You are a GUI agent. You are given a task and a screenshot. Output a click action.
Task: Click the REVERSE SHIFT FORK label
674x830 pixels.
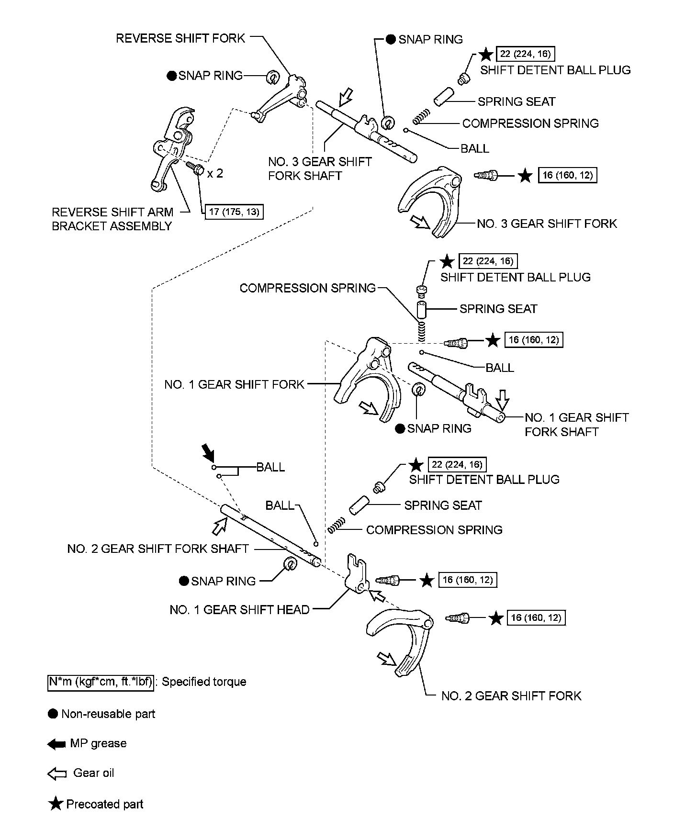pyautogui.click(x=180, y=38)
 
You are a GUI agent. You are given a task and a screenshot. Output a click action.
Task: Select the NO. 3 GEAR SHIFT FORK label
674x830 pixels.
pyautogui.click(x=547, y=224)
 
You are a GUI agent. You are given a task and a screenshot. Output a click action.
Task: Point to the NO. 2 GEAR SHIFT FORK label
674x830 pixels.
pyautogui.click(x=511, y=695)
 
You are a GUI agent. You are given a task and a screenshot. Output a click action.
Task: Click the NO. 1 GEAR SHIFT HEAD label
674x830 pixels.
pyautogui.click(x=239, y=609)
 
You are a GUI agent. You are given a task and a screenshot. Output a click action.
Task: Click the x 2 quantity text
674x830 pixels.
pyautogui.click(x=215, y=173)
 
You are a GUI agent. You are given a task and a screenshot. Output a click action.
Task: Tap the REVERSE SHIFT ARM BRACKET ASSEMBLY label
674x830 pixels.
pyautogui.click(x=112, y=219)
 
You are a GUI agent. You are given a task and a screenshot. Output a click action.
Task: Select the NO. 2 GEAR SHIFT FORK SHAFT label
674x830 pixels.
pyautogui.click(x=158, y=549)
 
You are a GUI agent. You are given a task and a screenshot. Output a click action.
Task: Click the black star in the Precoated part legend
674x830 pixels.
pyautogui.click(x=56, y=804)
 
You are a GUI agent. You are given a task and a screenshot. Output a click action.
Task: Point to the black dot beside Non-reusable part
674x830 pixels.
pyautogui.click(x=53, y=714)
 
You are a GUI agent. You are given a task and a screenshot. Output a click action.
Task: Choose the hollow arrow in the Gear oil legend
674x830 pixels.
pyautogui.click(x=56, y=774)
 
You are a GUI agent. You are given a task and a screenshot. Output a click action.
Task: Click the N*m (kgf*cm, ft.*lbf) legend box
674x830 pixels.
pyautogui.click(x=101, y=682)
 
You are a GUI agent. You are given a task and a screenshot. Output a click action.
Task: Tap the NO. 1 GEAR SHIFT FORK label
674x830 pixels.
pyautogui.click(x=234, y=384)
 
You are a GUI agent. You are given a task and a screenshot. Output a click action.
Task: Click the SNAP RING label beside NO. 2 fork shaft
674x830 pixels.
pyautogui.click(x=224, y=581)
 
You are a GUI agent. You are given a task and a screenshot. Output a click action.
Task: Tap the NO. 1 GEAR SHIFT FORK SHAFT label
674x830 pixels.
pyautogui.click(x=576, y=425)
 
